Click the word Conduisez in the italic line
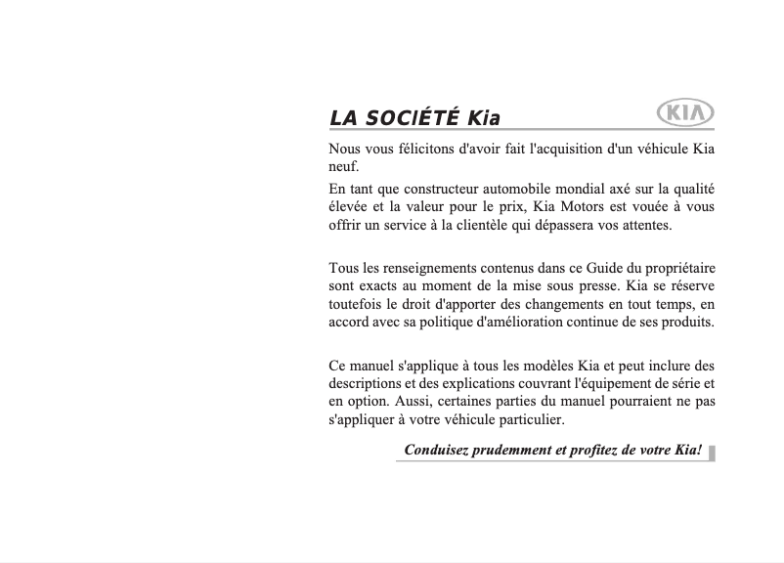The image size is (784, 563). [x=436, y=451]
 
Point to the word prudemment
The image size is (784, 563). [x=515, y=451]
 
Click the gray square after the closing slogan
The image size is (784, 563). [x=712, y=452]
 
